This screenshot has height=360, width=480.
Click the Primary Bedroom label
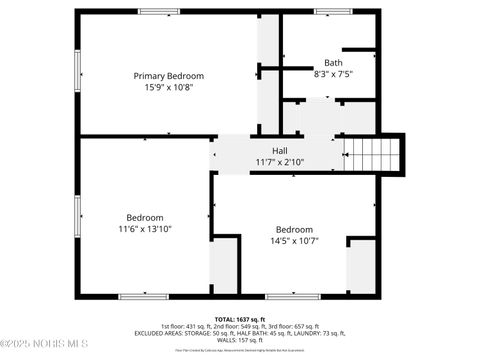click(x=169, y=76)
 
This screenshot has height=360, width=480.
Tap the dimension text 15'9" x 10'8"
click(x=169, y=87)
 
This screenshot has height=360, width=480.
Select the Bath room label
click(x=332, y=62)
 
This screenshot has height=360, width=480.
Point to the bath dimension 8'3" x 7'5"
click(x=332, y=73)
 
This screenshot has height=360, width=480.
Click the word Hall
click(x=266, y=150)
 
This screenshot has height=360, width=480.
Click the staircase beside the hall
click(x=371, y=155)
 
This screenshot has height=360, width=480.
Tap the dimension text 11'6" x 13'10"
click(x=145, y=229)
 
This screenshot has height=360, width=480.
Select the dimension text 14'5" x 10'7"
click(x=295, y=239)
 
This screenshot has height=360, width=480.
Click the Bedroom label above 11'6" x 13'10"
click(x=145, y=217)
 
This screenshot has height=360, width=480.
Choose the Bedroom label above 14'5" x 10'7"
click(x=295, y=227)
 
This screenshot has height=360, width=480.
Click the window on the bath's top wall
click(x=333, y=11)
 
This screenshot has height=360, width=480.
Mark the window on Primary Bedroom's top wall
click(x=159, y=11)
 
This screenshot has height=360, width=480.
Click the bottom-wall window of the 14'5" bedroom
click(x=292, y=296)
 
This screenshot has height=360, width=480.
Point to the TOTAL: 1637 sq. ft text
click(x=239, y=318)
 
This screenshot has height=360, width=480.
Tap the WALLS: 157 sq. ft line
click(x=239, y=340)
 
